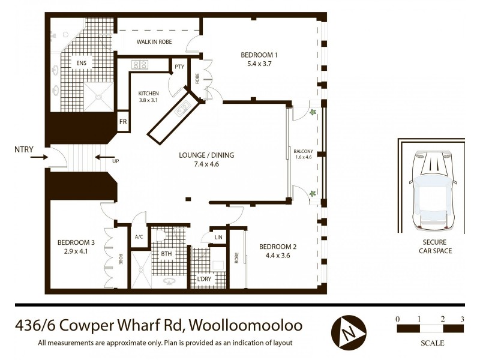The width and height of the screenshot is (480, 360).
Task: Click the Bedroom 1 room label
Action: coord(259,55)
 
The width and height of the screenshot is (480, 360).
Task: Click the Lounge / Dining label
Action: coord(206,155)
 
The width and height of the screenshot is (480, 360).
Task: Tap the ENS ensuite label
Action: coord(80,62)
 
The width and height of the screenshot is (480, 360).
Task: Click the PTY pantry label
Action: coord(179,67)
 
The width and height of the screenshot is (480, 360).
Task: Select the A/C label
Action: coord(139,236)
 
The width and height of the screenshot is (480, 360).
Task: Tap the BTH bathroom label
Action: coord(165,254)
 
